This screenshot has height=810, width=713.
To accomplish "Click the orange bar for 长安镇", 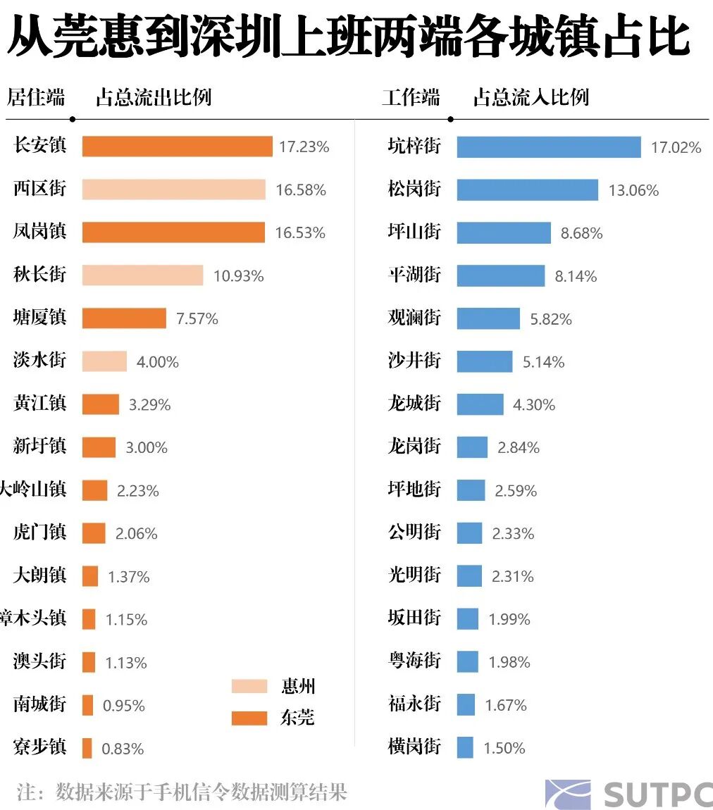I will point(177,147).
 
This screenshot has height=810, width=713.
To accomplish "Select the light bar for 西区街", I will point(173,189).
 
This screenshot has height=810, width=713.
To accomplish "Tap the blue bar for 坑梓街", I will point(548,147).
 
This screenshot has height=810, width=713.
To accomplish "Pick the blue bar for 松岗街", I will point(527,189).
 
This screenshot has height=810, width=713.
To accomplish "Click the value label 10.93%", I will point(239,276).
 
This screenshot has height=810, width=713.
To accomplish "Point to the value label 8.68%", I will point(582,233).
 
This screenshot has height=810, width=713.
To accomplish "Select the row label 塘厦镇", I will point(39,317).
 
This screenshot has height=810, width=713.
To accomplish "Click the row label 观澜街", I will point(414,317).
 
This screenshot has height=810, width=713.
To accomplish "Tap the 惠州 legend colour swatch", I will point(249,686).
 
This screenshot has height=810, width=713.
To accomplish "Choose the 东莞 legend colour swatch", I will point(249,718).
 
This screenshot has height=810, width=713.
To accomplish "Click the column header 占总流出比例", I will point(154,97).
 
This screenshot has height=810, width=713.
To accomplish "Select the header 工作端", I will point(411,97).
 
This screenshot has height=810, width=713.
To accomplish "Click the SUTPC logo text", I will point(657,794).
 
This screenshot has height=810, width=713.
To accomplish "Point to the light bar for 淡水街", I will point(104,361).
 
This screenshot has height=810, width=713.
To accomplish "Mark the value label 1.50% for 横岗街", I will point(504,748).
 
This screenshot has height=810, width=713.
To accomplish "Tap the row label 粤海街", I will point(414,661).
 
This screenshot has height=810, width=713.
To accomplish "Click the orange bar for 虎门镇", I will point(94,533).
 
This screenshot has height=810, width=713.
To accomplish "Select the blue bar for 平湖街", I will point(500,275).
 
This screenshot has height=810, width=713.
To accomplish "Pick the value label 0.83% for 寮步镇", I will point(123,749).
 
